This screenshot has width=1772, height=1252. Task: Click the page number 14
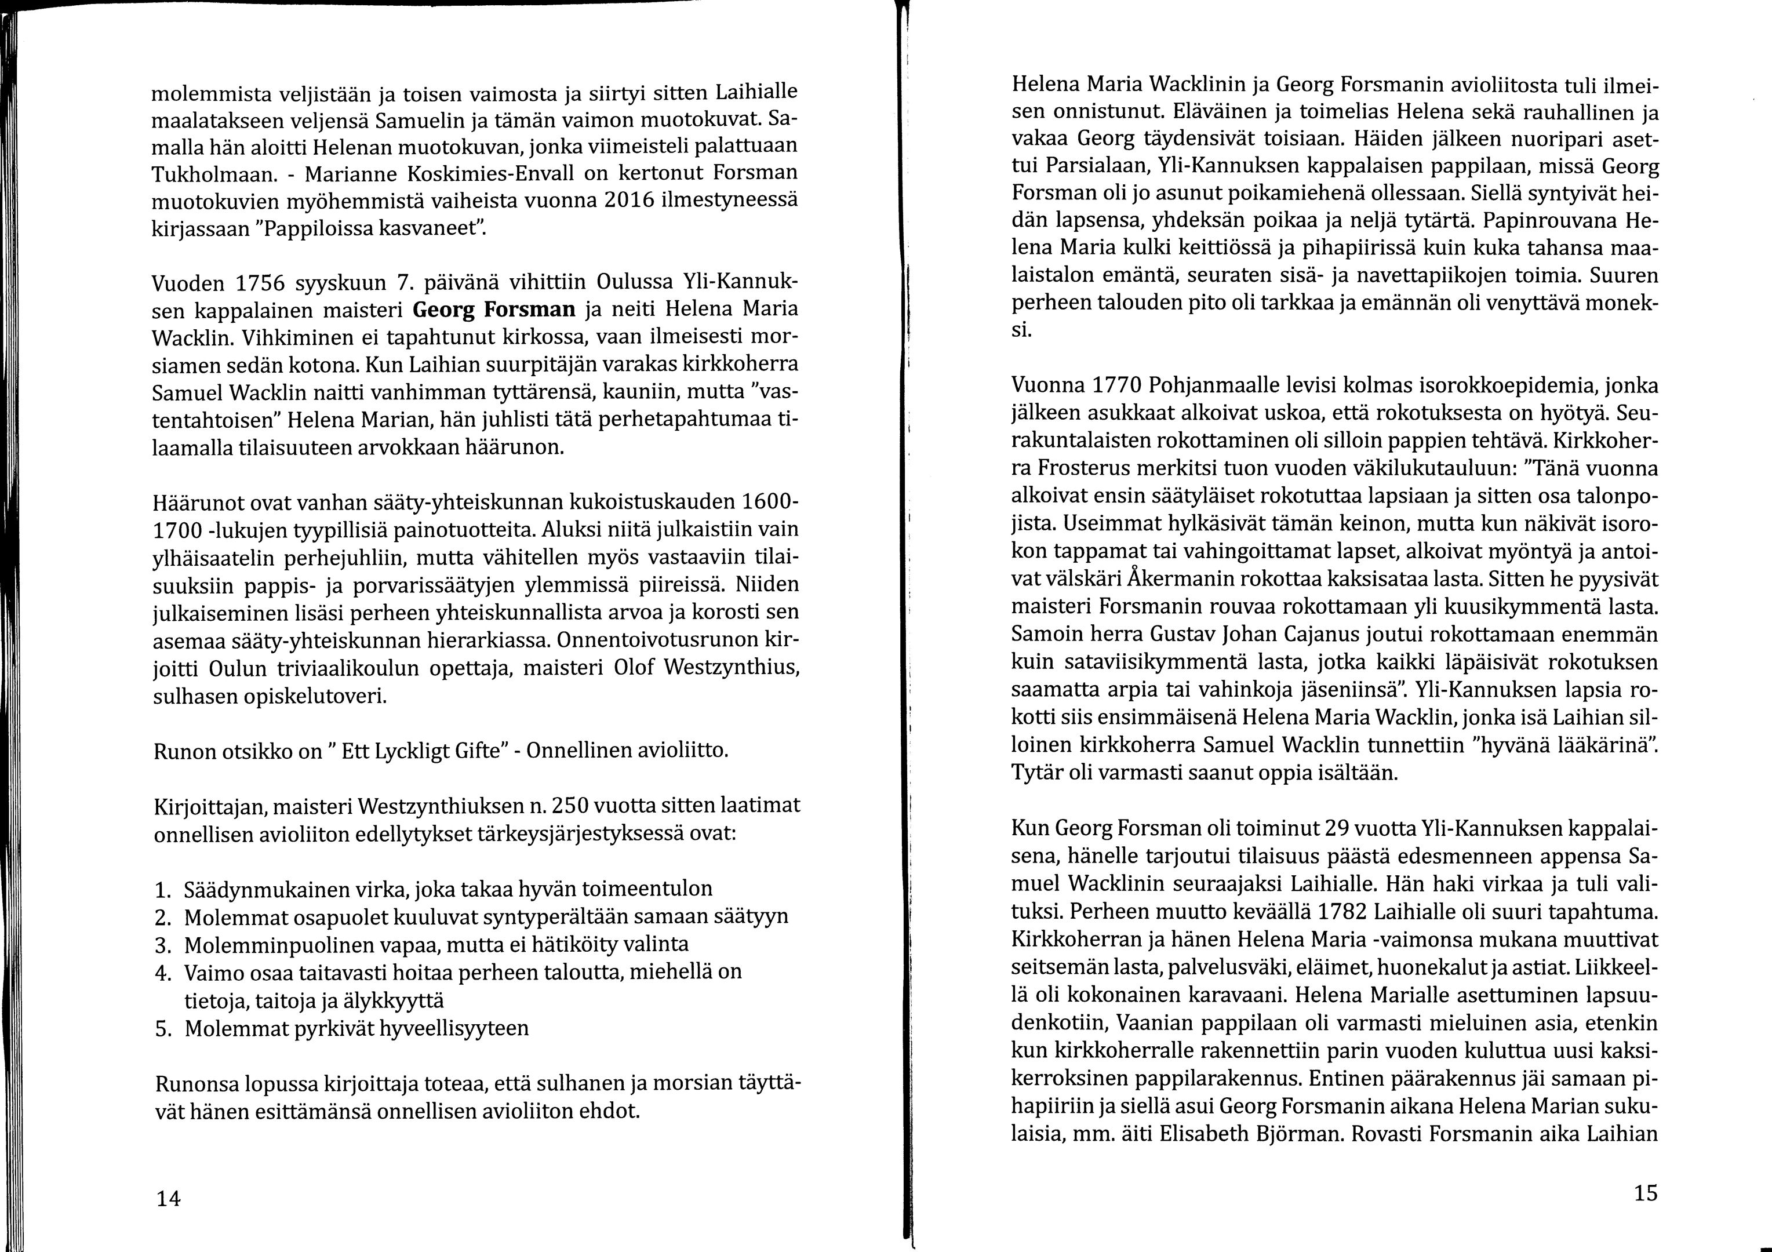pos(168,1199)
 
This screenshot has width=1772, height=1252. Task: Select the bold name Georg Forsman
pos(494,310)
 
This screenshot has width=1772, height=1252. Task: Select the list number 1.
pos(162,890)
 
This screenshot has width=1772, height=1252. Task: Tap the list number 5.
pos(162,1029)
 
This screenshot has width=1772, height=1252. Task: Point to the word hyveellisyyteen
pos(443,1029)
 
